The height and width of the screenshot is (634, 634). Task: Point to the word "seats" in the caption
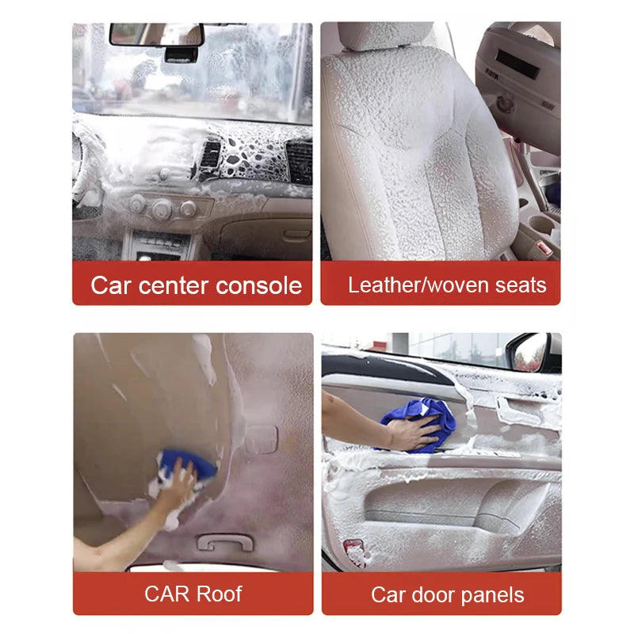click(521, 285)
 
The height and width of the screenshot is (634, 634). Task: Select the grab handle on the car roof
click(225, 542)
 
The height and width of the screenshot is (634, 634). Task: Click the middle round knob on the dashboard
click(162, 209)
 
